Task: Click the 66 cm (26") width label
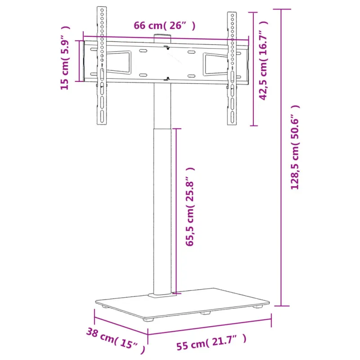(165, 26)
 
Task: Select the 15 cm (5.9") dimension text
(65, 58)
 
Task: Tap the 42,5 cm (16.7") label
(263, 60)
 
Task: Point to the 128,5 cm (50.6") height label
(295, 147)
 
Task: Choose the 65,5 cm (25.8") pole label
(190, 207)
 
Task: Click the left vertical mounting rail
(102, 66)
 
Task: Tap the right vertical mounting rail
(232, 68)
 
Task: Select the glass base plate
(182, 303)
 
